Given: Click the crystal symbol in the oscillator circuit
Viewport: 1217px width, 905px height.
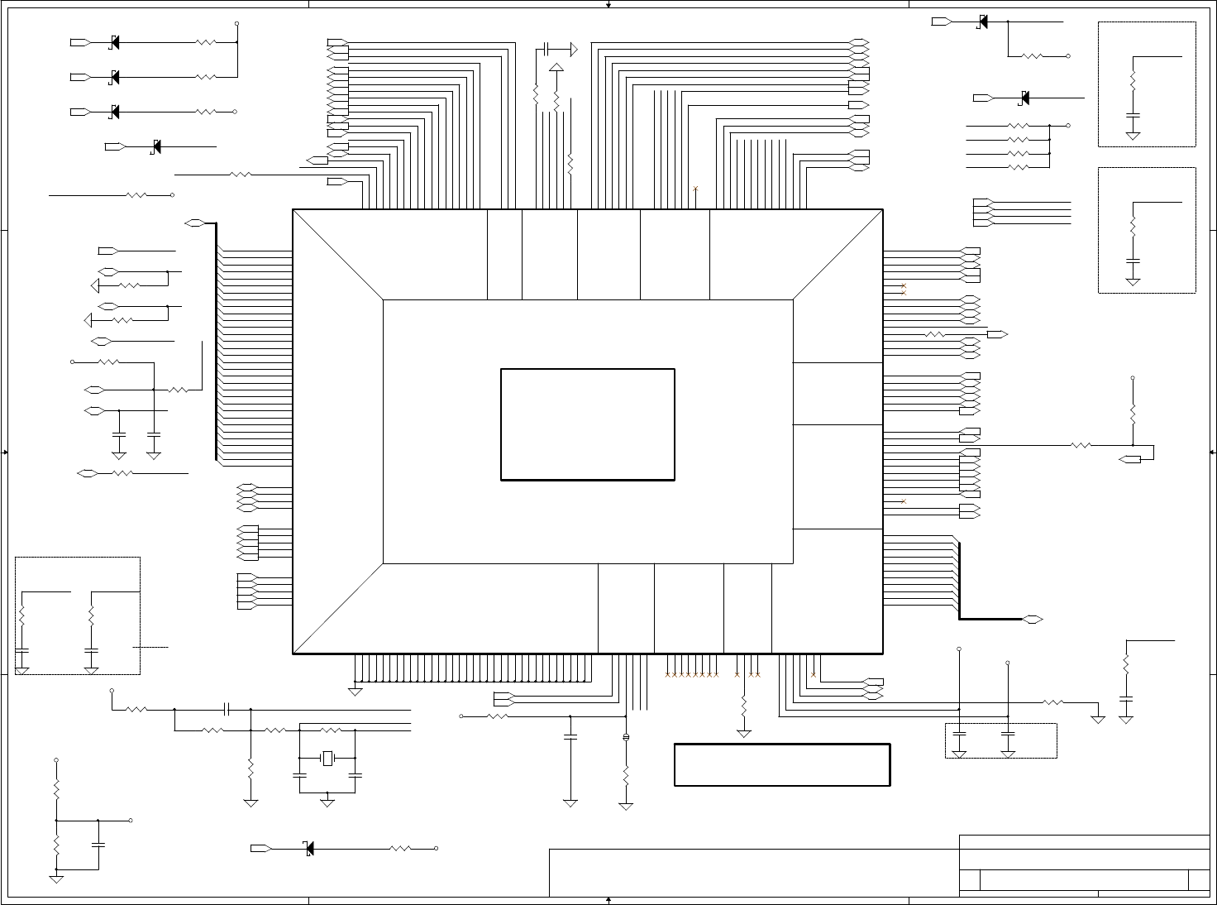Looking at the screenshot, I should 328,758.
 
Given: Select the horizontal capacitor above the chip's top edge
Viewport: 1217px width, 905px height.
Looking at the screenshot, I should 547,50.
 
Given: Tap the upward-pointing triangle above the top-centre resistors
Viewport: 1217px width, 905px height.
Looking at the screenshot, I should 556,68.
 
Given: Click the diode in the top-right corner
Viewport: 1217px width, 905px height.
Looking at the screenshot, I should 982,22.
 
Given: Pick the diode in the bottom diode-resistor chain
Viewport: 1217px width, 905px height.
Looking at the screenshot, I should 309,848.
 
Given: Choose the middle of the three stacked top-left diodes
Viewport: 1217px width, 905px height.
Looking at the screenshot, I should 114,77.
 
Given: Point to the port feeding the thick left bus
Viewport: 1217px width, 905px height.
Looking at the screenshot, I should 195,223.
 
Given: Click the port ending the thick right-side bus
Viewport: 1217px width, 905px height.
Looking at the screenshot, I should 1032,619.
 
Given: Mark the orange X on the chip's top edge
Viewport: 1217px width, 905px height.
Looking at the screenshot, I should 695,189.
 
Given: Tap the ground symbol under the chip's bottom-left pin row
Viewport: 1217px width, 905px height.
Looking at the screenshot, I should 356,691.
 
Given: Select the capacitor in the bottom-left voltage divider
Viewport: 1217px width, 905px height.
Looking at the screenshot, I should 98,845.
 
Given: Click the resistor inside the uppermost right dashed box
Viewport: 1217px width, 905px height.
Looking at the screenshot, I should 1133,81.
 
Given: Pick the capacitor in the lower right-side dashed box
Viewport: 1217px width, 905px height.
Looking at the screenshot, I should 1133,261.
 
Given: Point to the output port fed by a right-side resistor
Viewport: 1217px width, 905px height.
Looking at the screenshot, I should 997,334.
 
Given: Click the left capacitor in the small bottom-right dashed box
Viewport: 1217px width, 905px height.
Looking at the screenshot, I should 959,733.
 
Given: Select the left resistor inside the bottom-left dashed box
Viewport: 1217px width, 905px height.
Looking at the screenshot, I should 22,616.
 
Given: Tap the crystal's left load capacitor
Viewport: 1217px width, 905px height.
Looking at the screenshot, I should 299,775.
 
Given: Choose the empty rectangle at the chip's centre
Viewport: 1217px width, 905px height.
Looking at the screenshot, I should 588,424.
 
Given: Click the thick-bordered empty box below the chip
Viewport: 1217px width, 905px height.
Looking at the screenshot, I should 782,764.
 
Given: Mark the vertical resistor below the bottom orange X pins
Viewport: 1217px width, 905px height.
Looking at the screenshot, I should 744,706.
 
